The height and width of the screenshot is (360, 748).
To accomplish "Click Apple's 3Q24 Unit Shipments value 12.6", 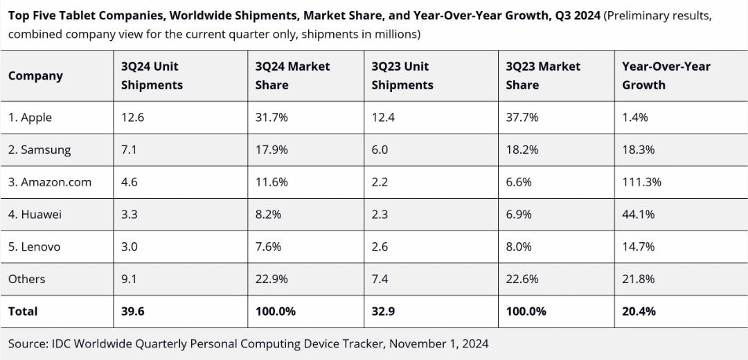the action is click(132, 117).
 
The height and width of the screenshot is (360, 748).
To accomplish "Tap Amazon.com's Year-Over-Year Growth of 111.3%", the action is click(641, 182).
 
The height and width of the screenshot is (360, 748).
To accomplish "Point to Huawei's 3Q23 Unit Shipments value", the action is click(380, 215).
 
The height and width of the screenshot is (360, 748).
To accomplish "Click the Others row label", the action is click(27, 279).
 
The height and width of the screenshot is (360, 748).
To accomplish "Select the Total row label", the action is click(22, 312).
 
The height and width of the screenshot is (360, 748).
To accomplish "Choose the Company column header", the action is click(35, 76).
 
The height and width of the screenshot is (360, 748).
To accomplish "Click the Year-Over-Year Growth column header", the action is click(666, 76).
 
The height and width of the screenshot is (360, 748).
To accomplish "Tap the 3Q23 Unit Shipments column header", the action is click(402, 76).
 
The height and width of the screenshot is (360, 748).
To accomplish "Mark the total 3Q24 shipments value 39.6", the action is click(132, 312).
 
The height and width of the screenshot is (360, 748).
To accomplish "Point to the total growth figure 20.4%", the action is click(639, 312).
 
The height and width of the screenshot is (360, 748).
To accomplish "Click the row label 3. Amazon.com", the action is click(50, 182).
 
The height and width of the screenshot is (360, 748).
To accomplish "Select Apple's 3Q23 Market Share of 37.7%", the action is click(522, 117).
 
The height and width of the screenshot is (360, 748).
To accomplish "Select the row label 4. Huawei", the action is click(35, 215).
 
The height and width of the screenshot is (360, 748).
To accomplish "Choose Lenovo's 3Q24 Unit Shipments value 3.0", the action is click(130, 247).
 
